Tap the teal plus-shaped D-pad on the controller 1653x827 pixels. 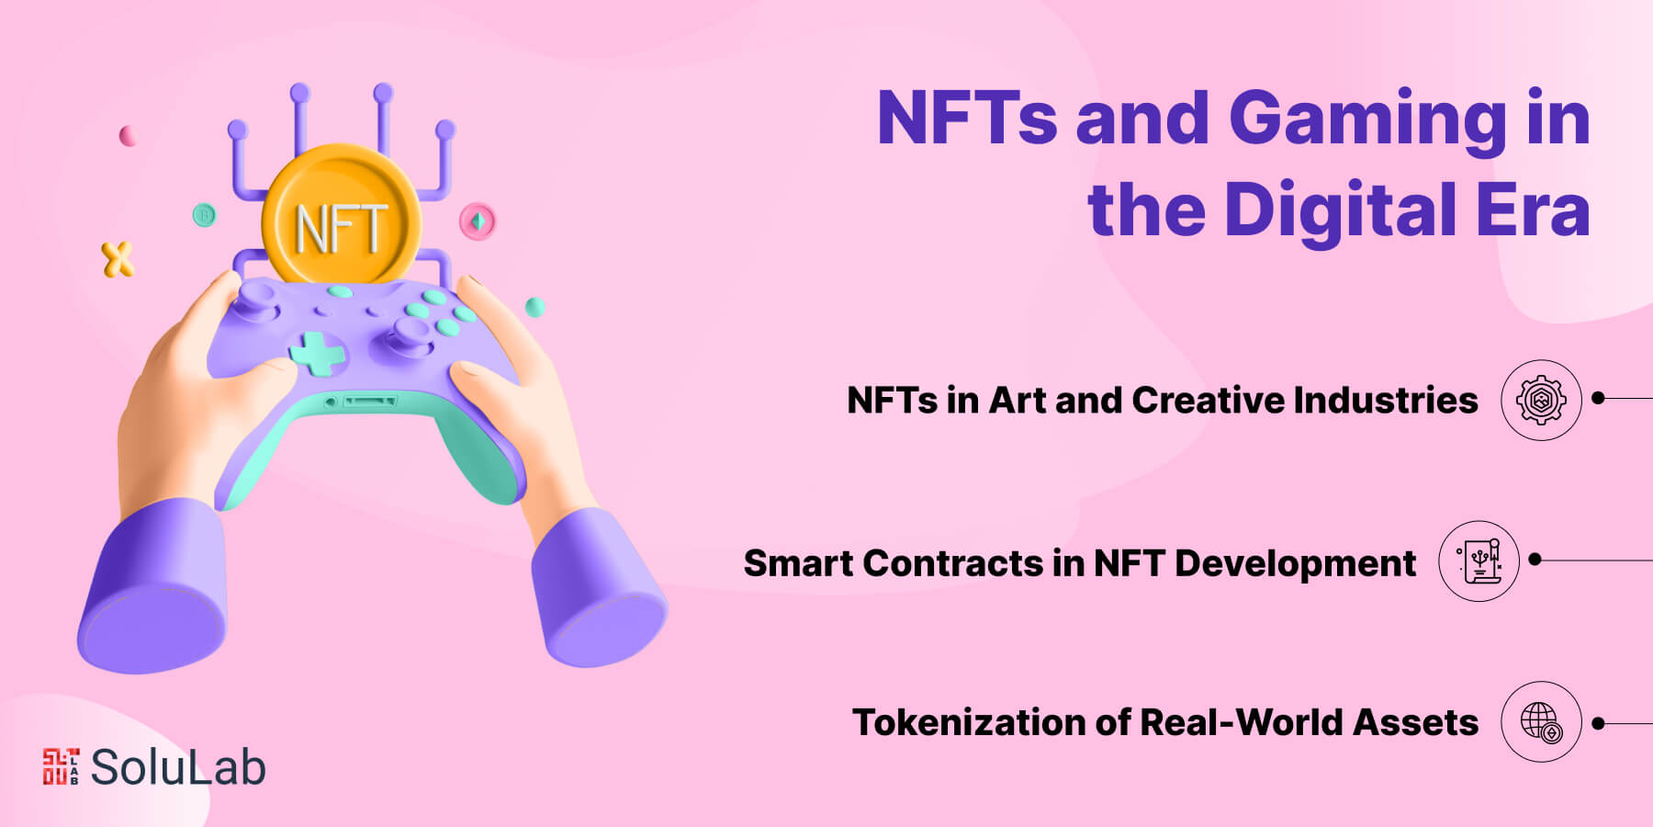pos(318,354)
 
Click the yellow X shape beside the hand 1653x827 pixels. pos(118,260)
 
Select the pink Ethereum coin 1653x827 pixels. pos(478,221)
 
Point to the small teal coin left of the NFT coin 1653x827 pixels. pos(204,216)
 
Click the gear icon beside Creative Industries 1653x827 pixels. pos(1541,400)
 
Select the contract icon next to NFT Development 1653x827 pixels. pos(1479,561)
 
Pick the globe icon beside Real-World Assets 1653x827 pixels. pos(1541,722)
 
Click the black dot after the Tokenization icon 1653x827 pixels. pos(1598,723)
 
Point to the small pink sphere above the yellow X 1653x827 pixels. pos(128,136)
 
